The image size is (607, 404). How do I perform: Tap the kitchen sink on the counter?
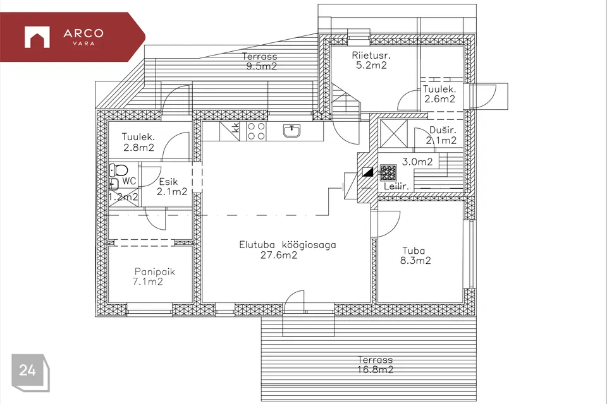tap(291, 131)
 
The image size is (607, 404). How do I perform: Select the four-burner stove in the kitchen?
tap(256, 131)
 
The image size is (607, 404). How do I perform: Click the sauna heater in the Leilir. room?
tap(388, 173)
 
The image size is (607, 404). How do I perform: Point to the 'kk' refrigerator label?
tap(235, 128)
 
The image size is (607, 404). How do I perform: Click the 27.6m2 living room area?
tap(279, 255)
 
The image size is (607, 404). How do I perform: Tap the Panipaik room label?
tap(155, 272)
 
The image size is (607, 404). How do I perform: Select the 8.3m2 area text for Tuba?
tap(415, 261)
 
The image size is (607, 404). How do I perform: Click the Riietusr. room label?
tap(371, 56)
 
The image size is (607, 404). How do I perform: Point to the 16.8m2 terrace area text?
tap(375, 370)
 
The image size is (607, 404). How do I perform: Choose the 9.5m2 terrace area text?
tap(262, 66)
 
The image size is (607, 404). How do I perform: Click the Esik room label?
tap(168, 182)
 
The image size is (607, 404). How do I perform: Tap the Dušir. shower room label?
tap(443, 130)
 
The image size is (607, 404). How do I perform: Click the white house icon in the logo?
tap(37, 37)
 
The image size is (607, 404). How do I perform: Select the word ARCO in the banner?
tap(83, 33)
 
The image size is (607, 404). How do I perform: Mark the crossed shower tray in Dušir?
tap(394, 134)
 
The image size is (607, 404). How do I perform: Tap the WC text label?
tap(129, 181)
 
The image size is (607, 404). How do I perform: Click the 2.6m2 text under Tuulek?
tap(440, 99)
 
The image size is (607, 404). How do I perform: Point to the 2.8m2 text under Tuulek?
tap(138, 147)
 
